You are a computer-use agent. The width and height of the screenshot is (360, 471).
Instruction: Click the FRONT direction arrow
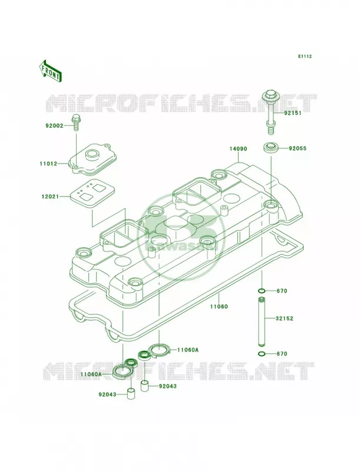pos(50,71)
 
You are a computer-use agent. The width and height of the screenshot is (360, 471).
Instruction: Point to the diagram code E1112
pos(305,56)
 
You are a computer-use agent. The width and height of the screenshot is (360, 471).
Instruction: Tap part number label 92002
pos(54,125)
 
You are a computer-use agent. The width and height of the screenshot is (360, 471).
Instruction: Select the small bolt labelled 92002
pos(76,122)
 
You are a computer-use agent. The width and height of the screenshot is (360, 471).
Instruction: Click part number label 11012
pos(48,164)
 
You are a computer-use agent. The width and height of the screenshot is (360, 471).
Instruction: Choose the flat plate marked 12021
pos(92,193)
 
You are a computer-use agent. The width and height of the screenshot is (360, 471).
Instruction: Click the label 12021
pos(51,197)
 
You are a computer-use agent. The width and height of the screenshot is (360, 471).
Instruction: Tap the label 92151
pos(292,113)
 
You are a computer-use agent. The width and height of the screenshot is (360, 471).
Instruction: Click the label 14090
pos(238,148)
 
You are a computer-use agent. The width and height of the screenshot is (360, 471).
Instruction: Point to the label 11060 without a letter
pos(219,307)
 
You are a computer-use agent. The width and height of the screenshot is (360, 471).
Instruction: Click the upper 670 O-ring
pos(262,291)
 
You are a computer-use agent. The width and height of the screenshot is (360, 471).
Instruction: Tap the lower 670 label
pos(282,354)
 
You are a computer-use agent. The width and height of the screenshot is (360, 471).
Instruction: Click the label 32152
pos(284,319)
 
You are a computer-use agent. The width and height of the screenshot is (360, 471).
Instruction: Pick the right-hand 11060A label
pos(188,350)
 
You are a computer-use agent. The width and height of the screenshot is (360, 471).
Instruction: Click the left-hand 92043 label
pos(107,394)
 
